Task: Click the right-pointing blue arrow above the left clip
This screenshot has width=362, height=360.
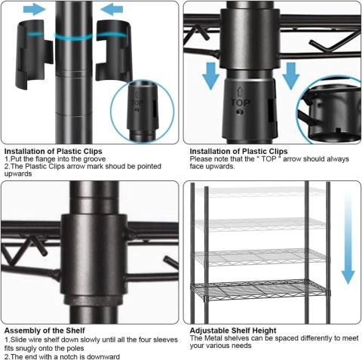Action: [35, 10]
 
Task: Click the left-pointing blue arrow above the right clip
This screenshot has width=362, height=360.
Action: [112, 10]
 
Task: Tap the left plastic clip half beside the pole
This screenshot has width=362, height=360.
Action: [35, 54]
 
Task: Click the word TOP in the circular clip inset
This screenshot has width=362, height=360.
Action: [137, 103]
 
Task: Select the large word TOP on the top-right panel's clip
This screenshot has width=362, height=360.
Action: [241, 103]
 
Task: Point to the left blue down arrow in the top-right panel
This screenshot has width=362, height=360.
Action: [210, 76]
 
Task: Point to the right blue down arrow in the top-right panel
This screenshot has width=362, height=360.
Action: [291, 76]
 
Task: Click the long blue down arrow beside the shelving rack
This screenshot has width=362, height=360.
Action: [348, 238]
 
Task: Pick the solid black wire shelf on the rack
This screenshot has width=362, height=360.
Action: [260, 290]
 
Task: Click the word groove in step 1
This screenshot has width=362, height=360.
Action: [94, 159]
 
